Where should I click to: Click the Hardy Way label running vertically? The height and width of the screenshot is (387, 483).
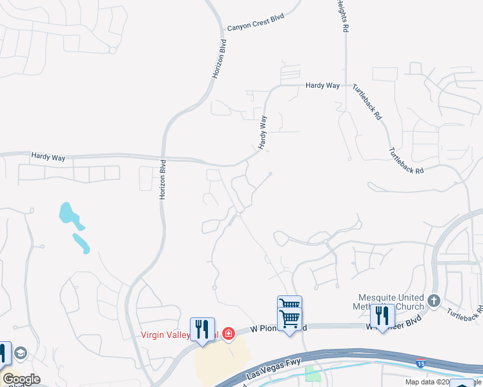pos(263,133)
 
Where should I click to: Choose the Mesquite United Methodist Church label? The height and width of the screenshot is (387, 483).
pos(391,302)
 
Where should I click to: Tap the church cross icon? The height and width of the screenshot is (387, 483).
pos(434,301)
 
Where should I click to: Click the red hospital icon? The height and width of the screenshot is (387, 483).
pos(228,333)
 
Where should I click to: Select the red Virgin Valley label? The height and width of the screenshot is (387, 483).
pos(165,335)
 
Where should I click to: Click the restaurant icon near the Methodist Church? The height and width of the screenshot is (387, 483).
pos(382,315)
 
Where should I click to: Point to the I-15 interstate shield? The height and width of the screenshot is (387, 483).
pos(420,363)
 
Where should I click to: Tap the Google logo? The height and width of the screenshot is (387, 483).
pos(21,379)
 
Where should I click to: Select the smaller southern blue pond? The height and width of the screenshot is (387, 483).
pos(81,243)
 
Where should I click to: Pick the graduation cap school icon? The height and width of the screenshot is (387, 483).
pos(21,353)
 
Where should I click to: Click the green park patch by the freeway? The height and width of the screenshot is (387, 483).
pos(313,373)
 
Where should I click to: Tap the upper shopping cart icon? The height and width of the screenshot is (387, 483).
pos(289,304)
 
